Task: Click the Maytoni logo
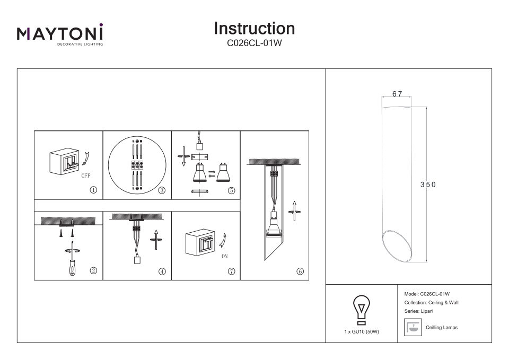pos(60,34)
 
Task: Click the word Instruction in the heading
pos(254,28)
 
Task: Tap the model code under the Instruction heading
pos(254,45)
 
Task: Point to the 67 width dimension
pos(398,94)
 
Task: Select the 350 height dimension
pos(428,185)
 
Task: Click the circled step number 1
pos(93,189)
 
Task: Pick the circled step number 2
pos(93,270)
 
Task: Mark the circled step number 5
pos(231,189)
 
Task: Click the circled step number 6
pos(300,271)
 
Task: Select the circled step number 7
pos(231,271)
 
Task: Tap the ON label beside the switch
pos(225,256)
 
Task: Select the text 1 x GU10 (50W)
pos(362,331)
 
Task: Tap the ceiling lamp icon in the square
pos(412,327)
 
